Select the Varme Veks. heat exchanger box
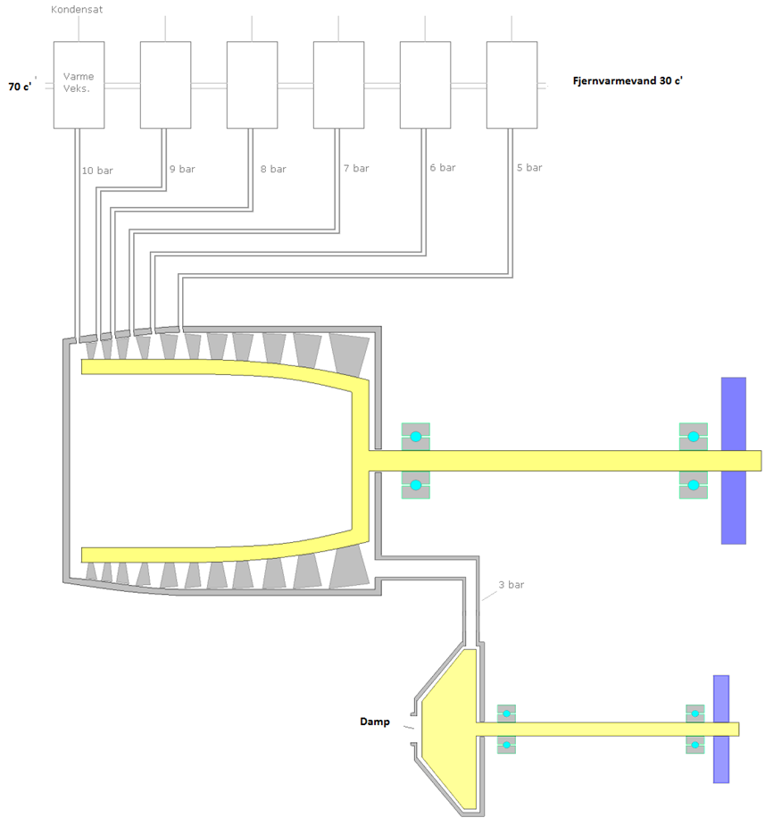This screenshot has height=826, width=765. pos(79,84)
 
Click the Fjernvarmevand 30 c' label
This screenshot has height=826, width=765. pos(628,80)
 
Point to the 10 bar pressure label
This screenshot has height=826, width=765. pos(97,170)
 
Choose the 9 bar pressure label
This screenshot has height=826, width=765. pos(182,168)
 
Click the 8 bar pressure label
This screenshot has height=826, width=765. pos(273,168)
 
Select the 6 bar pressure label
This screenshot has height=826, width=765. pos(442,167)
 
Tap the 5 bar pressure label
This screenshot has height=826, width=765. pos(528,167)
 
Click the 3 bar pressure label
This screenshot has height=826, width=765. pos(511,585)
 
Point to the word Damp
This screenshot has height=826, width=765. pos(375,722)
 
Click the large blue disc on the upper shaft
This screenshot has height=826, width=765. pos(733,460)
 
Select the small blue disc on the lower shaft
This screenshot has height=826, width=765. pos(721,729)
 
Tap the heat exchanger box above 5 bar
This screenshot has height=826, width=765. pos(511,84)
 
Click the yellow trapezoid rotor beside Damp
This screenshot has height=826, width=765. pos(450,728)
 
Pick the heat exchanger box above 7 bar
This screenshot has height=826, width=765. pos(338,84)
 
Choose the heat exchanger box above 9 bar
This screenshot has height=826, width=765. pos(165,84)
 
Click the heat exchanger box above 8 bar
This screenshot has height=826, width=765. pos(252,84)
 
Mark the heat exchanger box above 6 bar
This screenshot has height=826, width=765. pos(425,84)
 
